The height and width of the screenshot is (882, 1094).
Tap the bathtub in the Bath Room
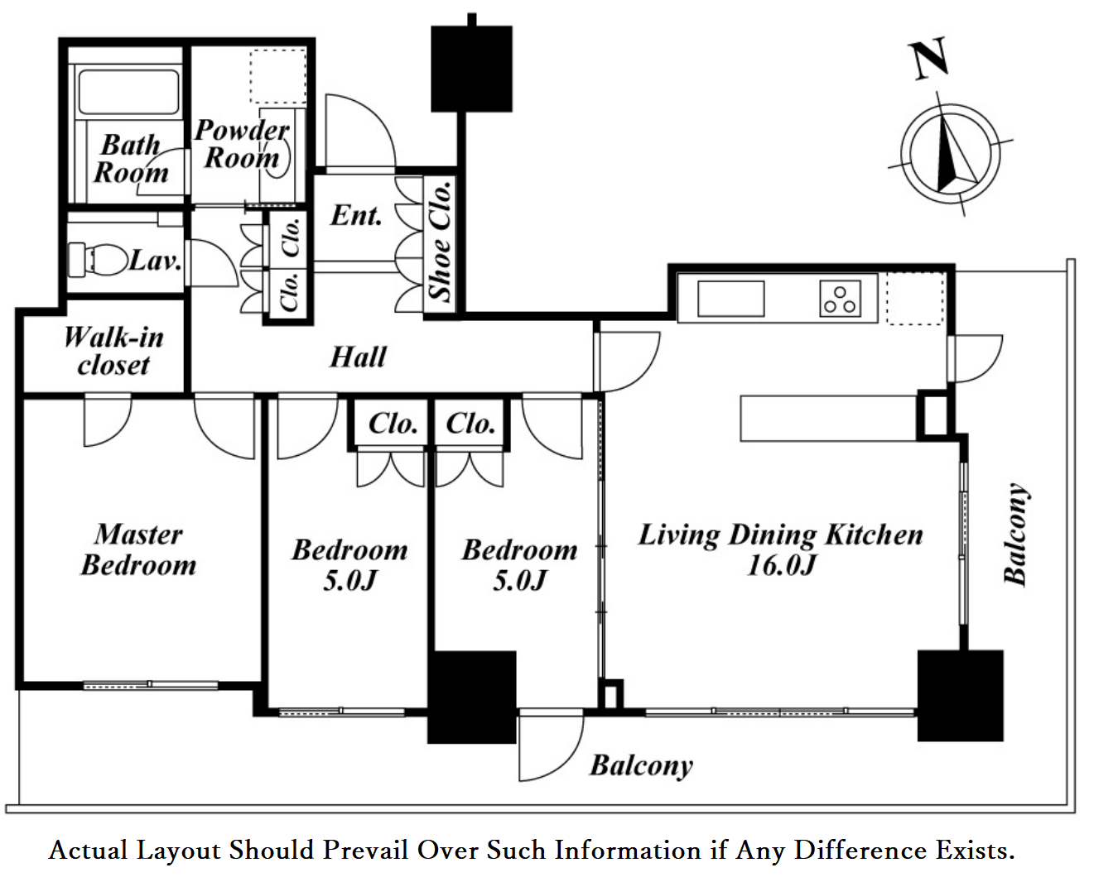click(128, 91)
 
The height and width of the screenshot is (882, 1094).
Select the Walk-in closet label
click(113, 351)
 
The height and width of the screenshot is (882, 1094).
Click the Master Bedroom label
click(138, 549)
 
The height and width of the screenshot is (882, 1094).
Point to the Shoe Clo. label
click(440, 241)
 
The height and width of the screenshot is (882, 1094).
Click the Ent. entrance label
click(356, 216)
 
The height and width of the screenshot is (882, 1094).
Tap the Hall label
click(358, 357)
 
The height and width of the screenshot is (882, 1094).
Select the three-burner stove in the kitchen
click(840, 299)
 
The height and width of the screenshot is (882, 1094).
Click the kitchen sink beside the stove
click(730, 299)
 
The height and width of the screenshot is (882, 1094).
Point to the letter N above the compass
click(929, 60)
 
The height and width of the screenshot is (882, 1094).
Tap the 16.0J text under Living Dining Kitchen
click(781, 565)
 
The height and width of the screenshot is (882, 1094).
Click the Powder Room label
click(242, 143)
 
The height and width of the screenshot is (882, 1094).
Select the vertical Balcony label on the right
click(1016, 534)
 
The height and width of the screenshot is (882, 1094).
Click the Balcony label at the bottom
click(641, 765)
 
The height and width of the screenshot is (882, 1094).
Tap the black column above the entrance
click(471, 69)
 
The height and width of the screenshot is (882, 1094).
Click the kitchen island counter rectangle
click(828, 418)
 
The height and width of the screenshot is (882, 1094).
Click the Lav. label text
click(155, 261)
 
